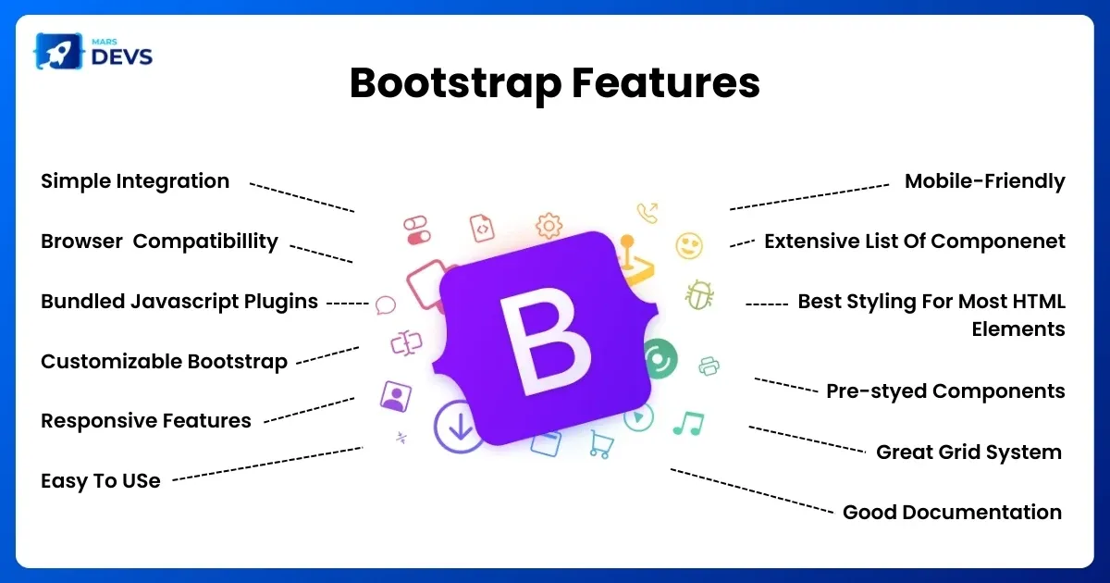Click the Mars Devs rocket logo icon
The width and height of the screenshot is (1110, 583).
(x=58, y=51)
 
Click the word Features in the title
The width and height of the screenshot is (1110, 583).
(x=665, y=82)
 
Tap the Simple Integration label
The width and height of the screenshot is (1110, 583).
(x=135, y=181)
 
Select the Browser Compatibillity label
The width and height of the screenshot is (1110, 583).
(x=159, y=242)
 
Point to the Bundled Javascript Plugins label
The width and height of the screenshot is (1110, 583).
(x=179, y=302)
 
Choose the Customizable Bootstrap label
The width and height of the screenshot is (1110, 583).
(x=164, y=362)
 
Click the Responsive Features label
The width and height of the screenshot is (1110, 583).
(x=146, y=421)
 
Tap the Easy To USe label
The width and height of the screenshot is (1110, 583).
(x=101, y=481)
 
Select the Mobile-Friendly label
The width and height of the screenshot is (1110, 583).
(x=984, y=181)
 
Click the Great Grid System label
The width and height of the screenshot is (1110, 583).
(x=968, y=453)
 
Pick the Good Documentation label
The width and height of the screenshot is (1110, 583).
(x=952, y=512)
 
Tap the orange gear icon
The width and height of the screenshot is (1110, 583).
(x=549, y=226)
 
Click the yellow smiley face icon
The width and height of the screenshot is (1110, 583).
(x=689, y=245)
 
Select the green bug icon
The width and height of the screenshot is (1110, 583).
(x=699, y=295)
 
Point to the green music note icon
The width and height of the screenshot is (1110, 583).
(x=689, y=424)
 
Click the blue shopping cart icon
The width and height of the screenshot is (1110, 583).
(x=601, y=444)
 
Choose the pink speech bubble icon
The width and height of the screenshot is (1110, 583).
(x=385, y=304)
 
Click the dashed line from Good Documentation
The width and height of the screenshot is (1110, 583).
(x=752, y=490)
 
